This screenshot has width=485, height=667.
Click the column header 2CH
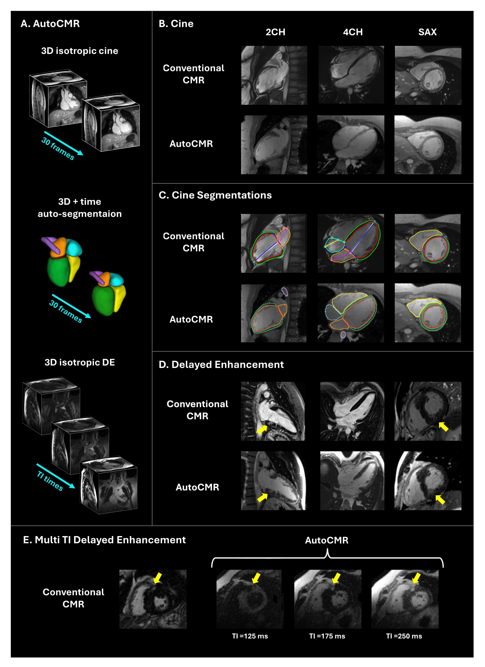(275, 32)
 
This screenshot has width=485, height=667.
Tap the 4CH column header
(353, 32)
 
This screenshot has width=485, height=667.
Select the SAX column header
(427, 32)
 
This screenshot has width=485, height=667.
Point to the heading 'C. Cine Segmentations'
(215, 195)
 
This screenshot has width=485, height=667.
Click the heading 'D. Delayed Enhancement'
(221, 365)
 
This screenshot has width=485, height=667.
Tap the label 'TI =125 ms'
(250, 636)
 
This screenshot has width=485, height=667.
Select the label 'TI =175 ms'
(327, 636)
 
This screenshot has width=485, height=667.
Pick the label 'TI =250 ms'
(404, 636)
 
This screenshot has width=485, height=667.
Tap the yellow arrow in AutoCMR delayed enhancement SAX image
(440, 499)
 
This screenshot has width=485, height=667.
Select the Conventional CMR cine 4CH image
(351, 75)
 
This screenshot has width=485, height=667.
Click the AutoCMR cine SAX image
(428, 145)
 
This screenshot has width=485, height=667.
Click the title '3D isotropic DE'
(80, 362)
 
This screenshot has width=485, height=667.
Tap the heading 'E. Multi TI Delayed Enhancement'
(104, 540)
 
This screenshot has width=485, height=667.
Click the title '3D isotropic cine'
(80, 51)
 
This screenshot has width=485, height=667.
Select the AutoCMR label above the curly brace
(327, 540)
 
